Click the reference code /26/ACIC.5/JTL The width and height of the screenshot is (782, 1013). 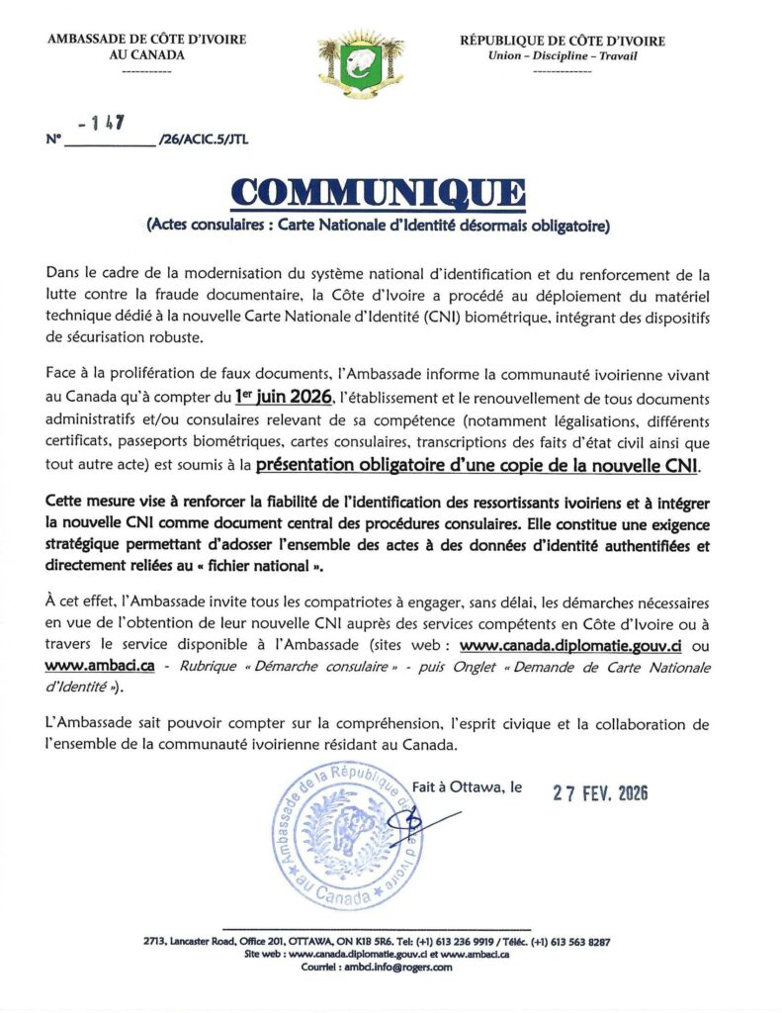[203, 139]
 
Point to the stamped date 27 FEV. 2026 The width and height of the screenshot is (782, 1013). [599, 792]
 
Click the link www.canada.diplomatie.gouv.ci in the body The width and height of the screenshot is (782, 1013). [574, 645]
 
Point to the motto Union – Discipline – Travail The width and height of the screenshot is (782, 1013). [563, 55]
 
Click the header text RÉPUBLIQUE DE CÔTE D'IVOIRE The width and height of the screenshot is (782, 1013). [563, 41]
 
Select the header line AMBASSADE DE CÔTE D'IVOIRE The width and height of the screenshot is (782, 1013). [146, 41]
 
